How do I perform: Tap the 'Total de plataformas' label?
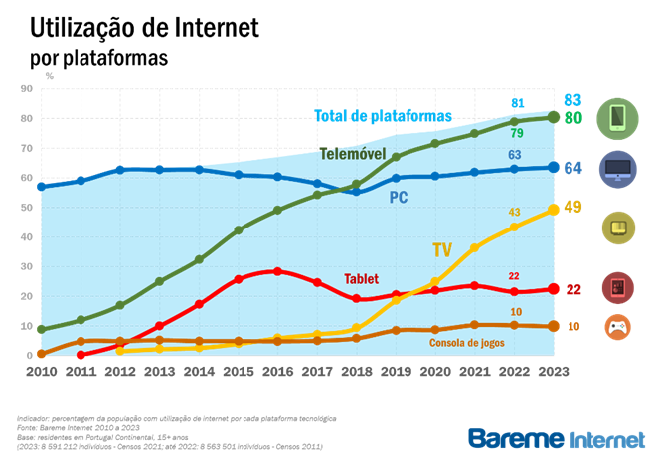click(x=383, y=116)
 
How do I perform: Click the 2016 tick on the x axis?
click(x=278, y=372)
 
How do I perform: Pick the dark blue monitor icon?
click(x=617, y=170)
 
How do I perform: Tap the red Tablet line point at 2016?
click(x=278, y=271)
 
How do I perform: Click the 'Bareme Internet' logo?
click(x=555, y=437)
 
